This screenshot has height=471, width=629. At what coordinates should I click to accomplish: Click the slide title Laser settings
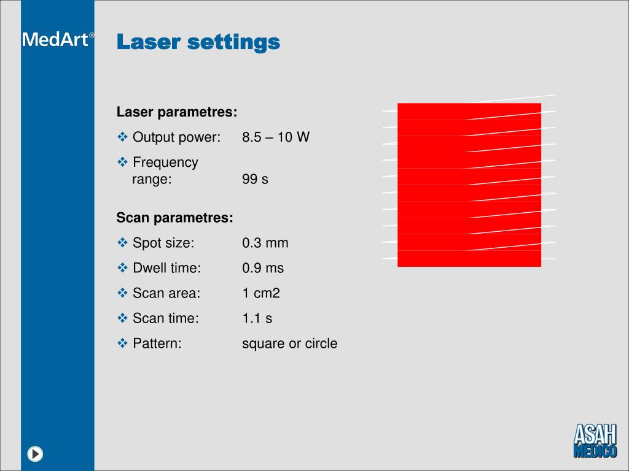pyautogui.click(x=198, y=42)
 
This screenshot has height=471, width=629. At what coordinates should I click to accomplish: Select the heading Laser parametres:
pyautogui.click(x=177, y=112)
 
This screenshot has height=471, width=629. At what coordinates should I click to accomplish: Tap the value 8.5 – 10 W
pyautogui.click(x=276, y=137)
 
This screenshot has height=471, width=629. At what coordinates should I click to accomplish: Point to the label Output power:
pyautogui.click(x=176, y=137)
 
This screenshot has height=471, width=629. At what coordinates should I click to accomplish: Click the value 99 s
pyautogui.click(x=255, y=180)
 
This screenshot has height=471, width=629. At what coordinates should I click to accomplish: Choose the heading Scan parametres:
pyautogui.click(x=175, y=218)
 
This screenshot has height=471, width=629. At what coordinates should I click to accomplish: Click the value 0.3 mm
pyautogui.click(x=265, y=243)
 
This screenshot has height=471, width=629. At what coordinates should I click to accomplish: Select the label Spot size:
pyautogui.click(x=163, y=243)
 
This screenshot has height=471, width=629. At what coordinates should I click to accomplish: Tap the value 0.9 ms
pyautogui.click(x=263, y=268)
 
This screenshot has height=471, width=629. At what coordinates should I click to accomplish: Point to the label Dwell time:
pyautogui.click(x=167, y=268)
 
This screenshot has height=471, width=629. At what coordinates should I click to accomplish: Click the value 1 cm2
pyautogui.click(x=261, y=293)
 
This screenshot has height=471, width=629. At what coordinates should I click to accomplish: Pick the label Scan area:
pyautogui.click(x=166, y=293)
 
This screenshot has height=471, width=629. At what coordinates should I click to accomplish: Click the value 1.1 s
pyautogui.click(x=257, y=318)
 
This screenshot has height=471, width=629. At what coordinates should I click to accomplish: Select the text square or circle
pyautogui.click(x=289, y=343)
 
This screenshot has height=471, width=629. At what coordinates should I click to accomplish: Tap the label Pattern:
pyautogui.click(x=157, y=343)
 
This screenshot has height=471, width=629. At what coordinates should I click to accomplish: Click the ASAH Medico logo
pyautogui.click(x=595, y=441)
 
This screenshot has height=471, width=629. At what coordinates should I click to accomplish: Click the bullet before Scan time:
pyautogui.click(x=122, y=318)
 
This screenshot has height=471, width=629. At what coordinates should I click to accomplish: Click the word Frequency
pyautogui.click(x=165, y=163)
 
